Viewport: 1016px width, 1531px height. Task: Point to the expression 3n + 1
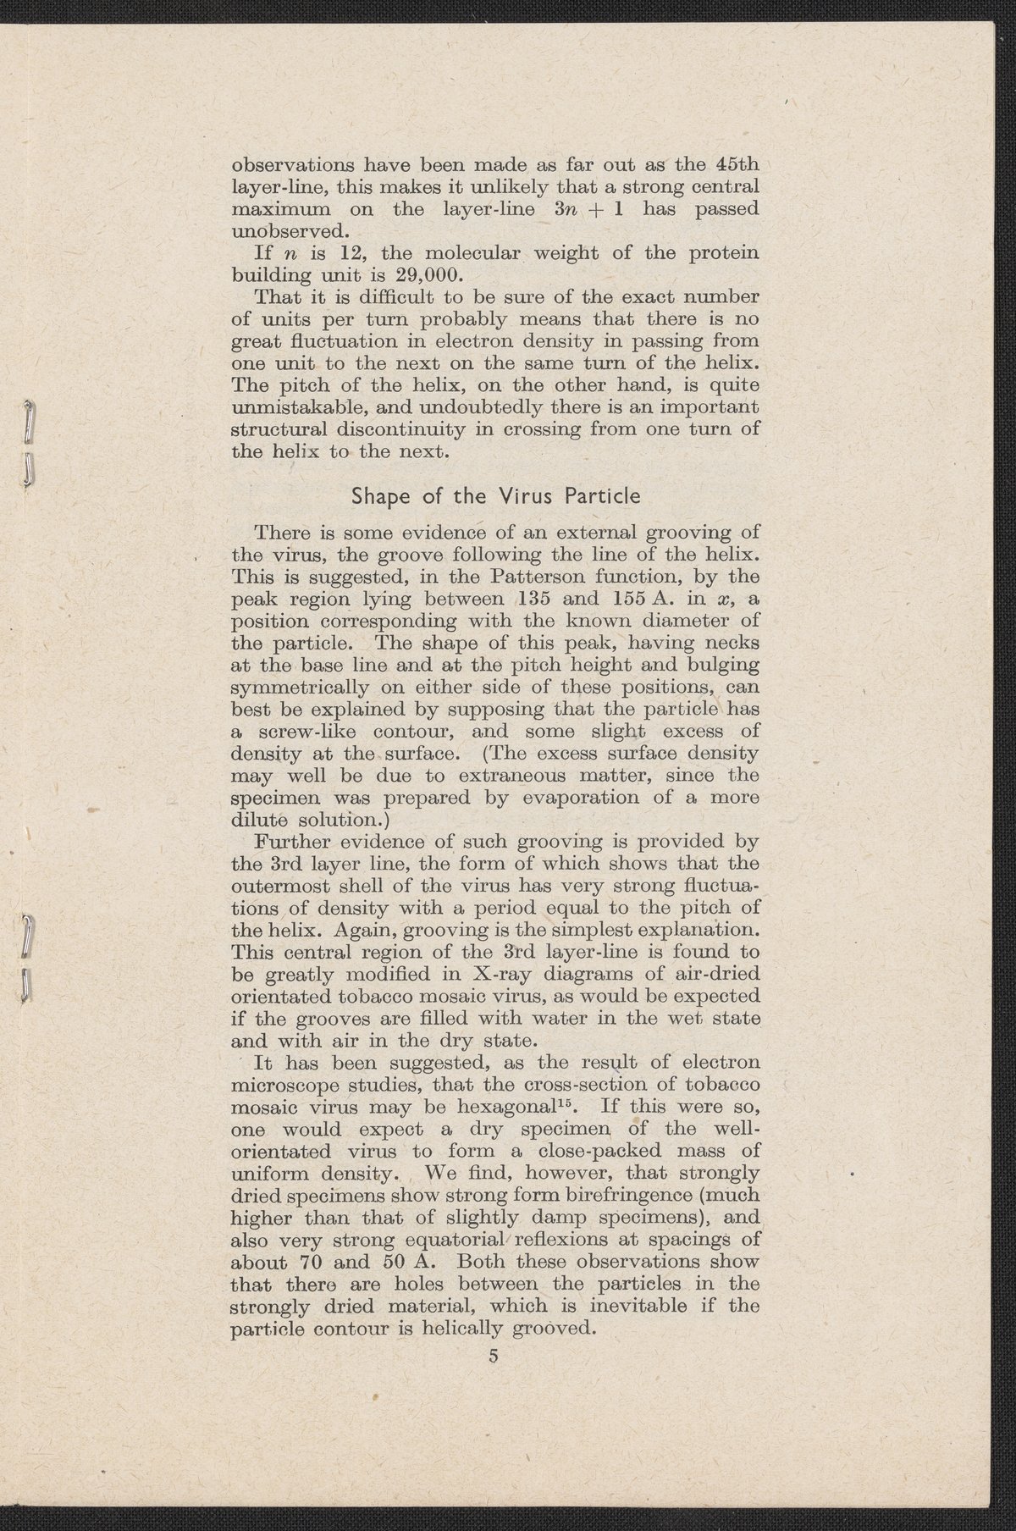[578, 207]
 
